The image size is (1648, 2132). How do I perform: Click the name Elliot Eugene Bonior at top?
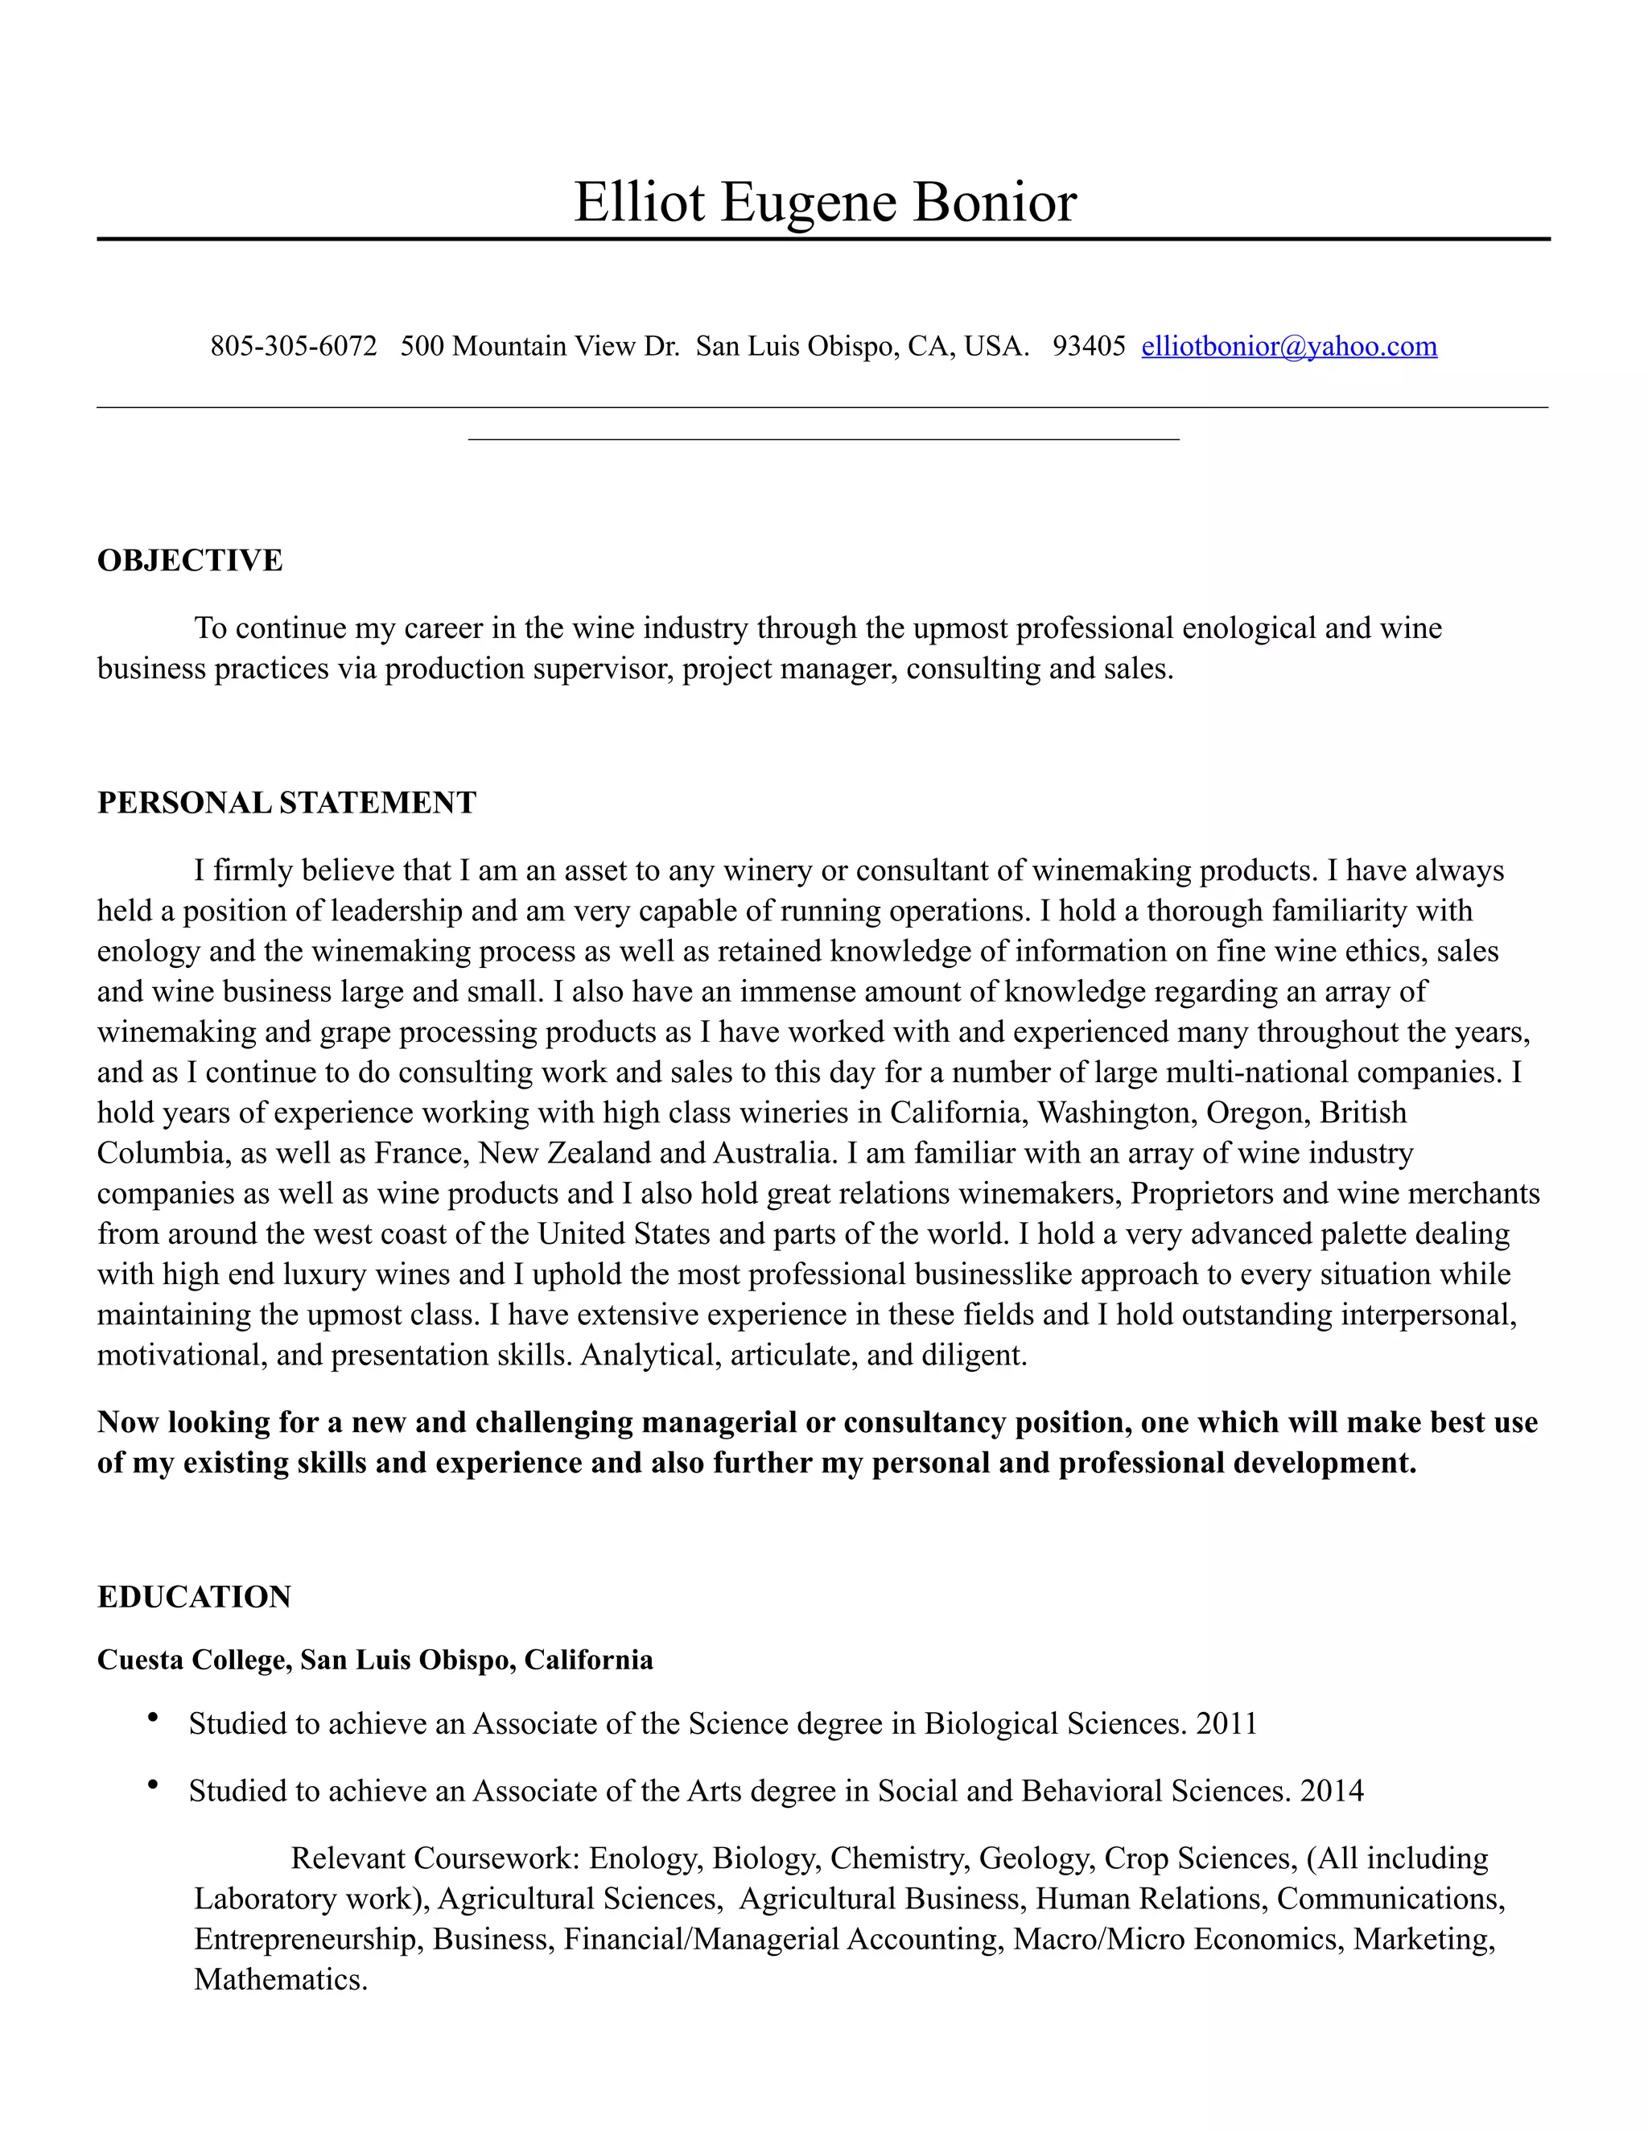pyautogui.click(x=824, y=202)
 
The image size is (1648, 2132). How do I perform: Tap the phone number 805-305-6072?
pyautogui.click(x=293, y=347)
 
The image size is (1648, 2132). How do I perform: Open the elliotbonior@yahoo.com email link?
pyautogui.click(x=1289, y=347)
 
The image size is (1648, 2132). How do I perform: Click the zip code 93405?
pyautogui.click(x=1089, y=347)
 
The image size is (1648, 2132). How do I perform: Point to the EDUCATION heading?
pyautogui.click(x=193, y=1597)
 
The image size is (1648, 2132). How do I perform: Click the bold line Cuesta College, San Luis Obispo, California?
pyautogui.click(x=375, y=1661)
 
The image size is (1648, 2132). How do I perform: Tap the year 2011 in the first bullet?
pyautogui.click(x=1226, y=1724)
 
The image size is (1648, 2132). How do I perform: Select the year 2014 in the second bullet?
pyautogui.click(x=1332, y=1792)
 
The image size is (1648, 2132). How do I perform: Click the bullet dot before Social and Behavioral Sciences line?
pyautogui.click(x=152, y=1785)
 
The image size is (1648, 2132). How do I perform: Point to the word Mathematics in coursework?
pyautogui.click(x=279, y=1980)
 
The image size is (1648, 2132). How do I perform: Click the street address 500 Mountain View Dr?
pyautogui.click(x=539, y=347)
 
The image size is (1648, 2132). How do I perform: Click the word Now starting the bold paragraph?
pyautogui.click(x=129, y=1422)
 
